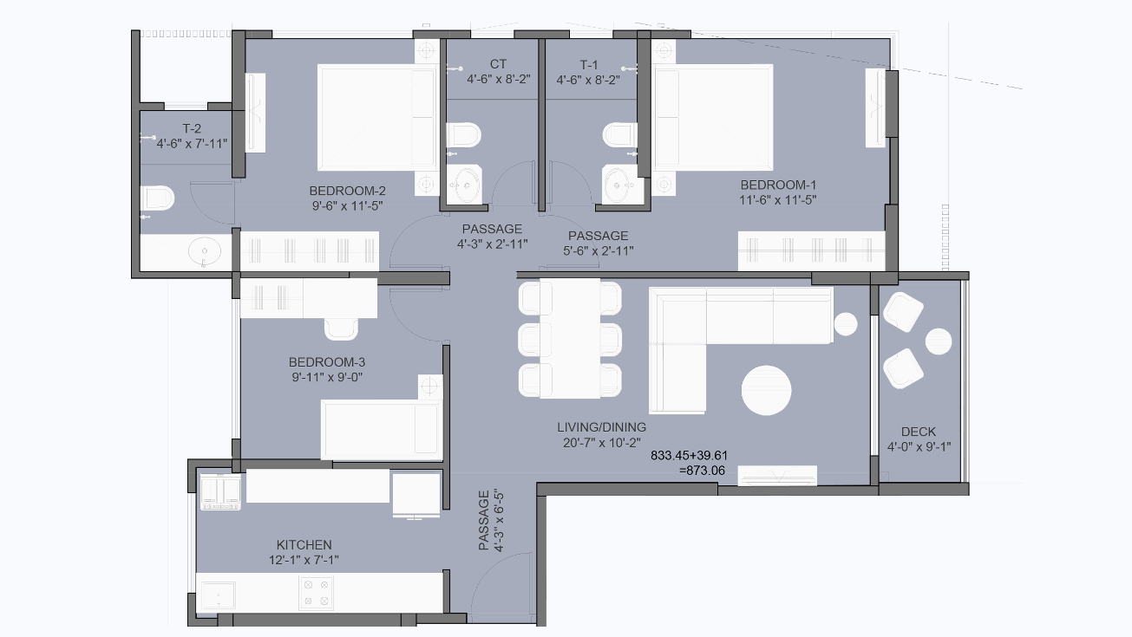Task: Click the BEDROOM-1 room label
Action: click(778, 185)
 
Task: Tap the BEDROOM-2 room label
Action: click(347, 191)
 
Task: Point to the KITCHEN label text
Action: click(304, 544)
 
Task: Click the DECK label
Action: click(918, 432)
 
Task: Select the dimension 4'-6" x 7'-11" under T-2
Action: click(192, 144)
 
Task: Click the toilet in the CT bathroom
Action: click(463, 136)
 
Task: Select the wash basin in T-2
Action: click(205, 252)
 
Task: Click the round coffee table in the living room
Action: click(766, 391)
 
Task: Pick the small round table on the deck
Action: click(939, 341)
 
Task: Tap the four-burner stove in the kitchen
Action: click(315, 593)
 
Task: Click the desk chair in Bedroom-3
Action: click(341, 328)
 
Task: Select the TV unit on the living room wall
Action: click(776, 476)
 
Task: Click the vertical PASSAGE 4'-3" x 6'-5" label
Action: click(490, 521)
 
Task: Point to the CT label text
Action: click(498, 64)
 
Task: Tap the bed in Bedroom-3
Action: click(379, 429)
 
